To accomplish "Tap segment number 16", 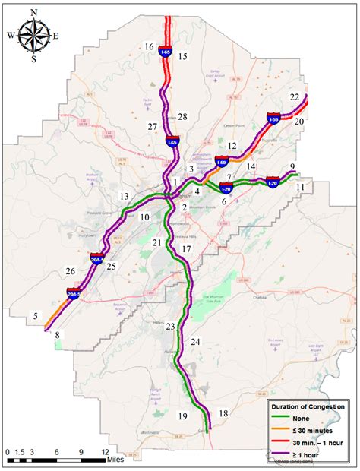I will point(150,47).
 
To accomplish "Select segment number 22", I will point(295,97).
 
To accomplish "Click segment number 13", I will point(124,197).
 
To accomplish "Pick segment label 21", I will point(156,242).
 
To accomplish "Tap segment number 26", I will point(70,270).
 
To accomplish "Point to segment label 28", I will point(182,116).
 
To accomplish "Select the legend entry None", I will point(305,417).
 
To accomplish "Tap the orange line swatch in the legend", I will point(281,428).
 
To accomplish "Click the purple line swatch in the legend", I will point(281,452).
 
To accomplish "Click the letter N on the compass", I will point(34,12).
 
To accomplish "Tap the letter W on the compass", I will point(11,35).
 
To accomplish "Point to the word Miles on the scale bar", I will point(115,459).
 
